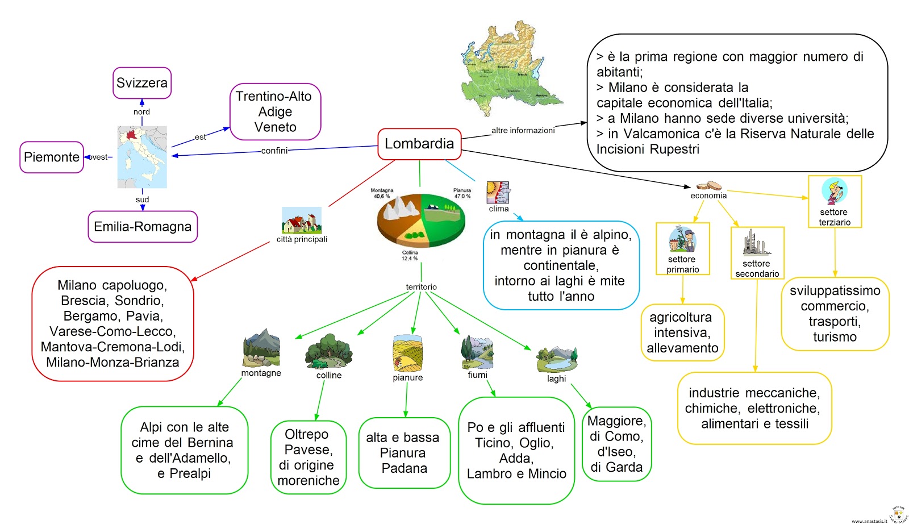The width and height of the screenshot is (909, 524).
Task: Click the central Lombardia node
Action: [419, 144]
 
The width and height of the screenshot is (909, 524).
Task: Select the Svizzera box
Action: [142, 83]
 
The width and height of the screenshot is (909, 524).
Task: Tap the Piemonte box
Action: [52, 157]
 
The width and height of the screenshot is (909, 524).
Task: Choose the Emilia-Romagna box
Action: [143, 227]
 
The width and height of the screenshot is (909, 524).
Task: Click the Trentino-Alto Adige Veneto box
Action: [275, 112]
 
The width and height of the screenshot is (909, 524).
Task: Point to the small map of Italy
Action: [142, 157]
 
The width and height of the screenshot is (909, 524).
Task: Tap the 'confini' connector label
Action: [274, 151]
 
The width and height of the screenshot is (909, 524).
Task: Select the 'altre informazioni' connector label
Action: [523, 130]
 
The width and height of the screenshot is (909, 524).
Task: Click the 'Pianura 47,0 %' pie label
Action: [462, 193]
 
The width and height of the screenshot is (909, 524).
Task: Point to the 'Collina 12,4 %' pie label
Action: [410, 255]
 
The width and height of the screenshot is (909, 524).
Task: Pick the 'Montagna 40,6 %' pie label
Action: [382, 193]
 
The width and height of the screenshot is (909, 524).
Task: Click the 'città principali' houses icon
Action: [302, 221]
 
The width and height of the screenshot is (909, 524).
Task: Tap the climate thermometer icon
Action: [498, 193]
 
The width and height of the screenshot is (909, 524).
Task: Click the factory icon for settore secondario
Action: [756, 243]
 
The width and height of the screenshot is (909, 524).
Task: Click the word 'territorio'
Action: [421, 287]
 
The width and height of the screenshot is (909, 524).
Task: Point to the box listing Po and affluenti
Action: [516, 450]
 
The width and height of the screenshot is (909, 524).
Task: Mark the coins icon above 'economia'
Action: [708, 186]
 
